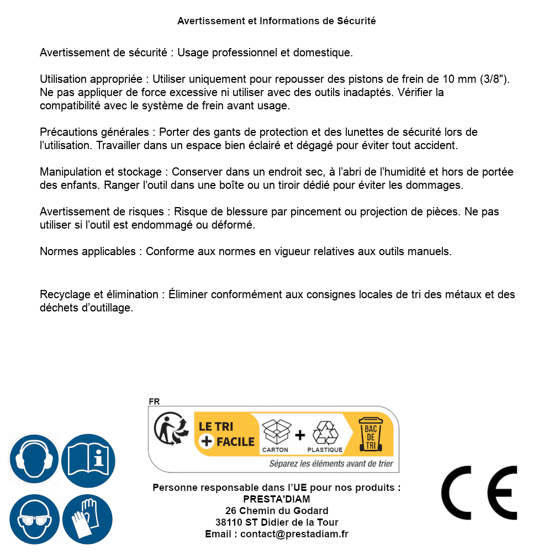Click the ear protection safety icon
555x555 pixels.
pos(34,459)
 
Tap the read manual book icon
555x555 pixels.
pos(88,459)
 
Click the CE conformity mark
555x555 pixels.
pos(479,493)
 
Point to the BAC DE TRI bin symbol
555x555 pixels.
pos(371,434)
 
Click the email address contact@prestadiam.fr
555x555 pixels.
pos(294,534)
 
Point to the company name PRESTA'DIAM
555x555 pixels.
pos(277,499)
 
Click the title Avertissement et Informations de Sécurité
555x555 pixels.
pos(277,21)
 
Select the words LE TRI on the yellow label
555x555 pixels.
pos(216,426)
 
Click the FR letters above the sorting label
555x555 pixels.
pos(154,401)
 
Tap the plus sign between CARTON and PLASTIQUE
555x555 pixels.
pos(300,435)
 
